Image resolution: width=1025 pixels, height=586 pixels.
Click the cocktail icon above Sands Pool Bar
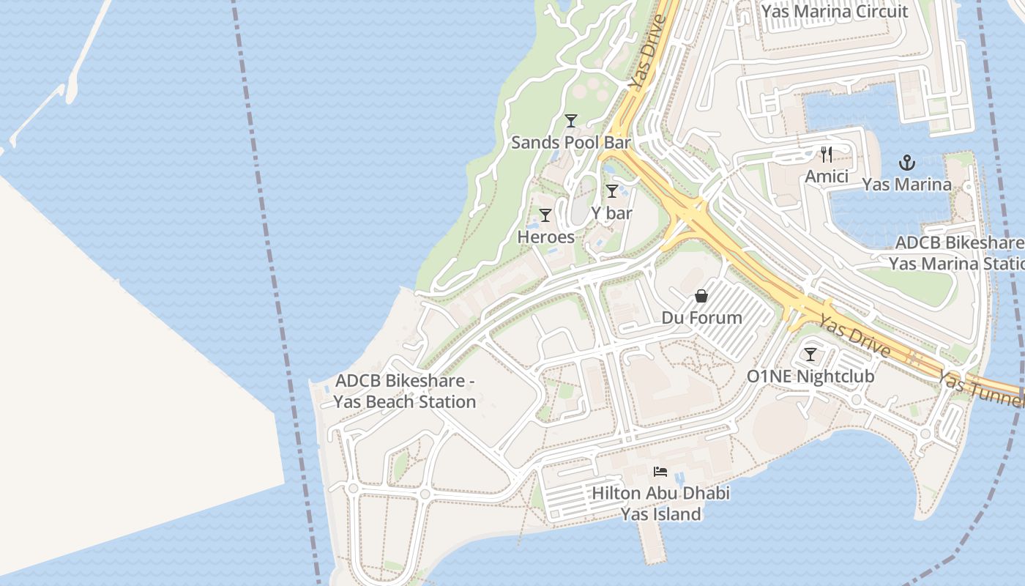pyautogui.click(x=571, y=121)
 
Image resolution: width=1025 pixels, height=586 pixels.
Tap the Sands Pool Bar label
pyautogui.click(x=571, y=142)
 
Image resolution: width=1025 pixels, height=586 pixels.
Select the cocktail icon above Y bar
pyautogui.click(x=612, y=192)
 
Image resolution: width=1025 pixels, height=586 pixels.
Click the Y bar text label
pyautogui.click(x=612, y=213)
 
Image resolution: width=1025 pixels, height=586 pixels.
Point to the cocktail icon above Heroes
pyautogui.click(x=545, y=215)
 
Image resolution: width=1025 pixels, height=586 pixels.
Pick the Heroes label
pyautogui.click(x=546, y=237)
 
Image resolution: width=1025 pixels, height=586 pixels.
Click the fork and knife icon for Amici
pyautogui.click(x=827, y=155)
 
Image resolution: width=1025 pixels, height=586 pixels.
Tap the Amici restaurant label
pyautogui.click(x=827, y=177)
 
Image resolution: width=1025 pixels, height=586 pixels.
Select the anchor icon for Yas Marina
pyautogui.click(x=907, y=163)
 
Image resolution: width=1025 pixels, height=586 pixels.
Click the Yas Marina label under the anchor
pyautogui.click(x=907, y=184)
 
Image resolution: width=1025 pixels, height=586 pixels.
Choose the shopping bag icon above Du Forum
pyautogui.click(x=701, y=296)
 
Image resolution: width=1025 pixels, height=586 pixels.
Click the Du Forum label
pyautogui.click(x=701, y=317)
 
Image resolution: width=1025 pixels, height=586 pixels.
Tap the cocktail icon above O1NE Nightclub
pyautogui.click(x=810, y=355)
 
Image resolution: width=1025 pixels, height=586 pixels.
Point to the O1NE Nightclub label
pyautogui.click(x=810, y=377)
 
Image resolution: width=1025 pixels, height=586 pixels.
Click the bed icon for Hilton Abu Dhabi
pyautogui.click(x=660, y=472)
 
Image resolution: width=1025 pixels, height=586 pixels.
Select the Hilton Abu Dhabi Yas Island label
pyautogui.click(x=661, y=503)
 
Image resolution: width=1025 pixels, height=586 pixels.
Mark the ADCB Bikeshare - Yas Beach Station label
pyautogui.click(x=405, y=391)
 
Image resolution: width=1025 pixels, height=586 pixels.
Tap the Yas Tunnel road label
pyautogui.click(x=981, y=389)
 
